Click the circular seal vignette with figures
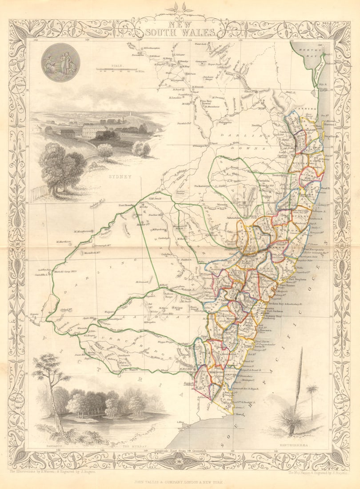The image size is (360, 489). [60, 62]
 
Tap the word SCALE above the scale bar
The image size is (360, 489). [117, 65]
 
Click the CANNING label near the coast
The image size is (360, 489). [307, 109]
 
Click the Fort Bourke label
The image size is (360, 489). [126, 205]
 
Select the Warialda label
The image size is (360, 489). [256, 181]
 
